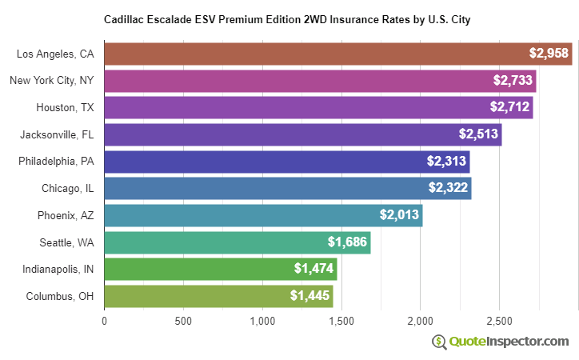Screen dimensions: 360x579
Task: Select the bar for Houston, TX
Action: coord(318,107)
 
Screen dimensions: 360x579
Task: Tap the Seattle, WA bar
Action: coord(237,242)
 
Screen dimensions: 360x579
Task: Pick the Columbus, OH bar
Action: coord(218,296)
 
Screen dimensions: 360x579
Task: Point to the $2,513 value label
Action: coord(477,134)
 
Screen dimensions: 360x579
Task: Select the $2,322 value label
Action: coord(447,188)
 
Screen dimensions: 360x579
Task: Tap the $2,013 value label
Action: coord(398,215)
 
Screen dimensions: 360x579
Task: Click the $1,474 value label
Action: coord(313,269)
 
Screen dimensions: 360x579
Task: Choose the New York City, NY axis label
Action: coord(51,80)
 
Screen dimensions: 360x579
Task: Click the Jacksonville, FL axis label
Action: coord(58,134)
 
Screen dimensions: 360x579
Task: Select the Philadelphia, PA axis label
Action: coord(56,161)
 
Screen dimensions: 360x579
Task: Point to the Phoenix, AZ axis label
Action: coord(66,215)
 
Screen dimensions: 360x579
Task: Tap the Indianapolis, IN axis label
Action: coord(58,269)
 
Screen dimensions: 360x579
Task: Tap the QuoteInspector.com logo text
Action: coord(509,342)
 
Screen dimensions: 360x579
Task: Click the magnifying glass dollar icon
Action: coord(439,342)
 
